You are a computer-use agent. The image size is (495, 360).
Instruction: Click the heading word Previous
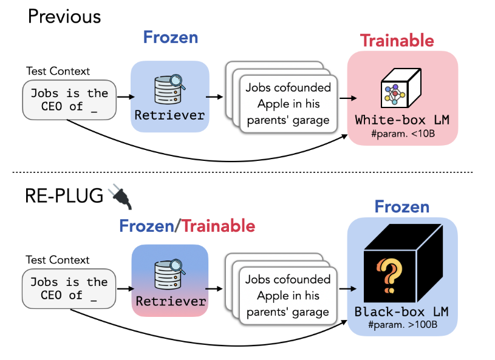tap(64, 16)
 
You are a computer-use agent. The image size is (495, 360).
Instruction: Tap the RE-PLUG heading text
tap(64, 195)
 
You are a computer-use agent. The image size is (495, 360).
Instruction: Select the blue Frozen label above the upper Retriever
tap(171, 37)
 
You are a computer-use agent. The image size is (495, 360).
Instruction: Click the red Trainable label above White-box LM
tap(397, 41)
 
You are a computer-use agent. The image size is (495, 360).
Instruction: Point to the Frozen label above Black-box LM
tap(402, 206)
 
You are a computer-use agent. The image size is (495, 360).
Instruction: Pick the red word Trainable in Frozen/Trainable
tap(219, 226)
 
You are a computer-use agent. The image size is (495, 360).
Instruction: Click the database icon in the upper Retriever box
tap(170, 89)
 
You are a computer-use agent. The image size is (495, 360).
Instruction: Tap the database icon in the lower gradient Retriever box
tap(170, 274)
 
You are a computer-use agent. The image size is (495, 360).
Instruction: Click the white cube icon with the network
tap(401, 88)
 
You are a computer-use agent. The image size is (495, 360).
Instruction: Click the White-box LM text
tap(402, 120)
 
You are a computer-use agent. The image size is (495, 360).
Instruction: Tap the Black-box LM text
tap(401, 311)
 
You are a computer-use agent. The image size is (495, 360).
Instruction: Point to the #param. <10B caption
tap(403, 134)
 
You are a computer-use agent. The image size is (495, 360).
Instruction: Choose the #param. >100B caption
tap(403, 325)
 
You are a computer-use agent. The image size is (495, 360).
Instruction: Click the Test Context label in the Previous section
tap(58, 71)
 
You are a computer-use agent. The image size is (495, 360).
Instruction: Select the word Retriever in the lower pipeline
tap(171, 301)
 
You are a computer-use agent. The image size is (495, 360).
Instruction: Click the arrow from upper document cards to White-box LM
tap(348, 98)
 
